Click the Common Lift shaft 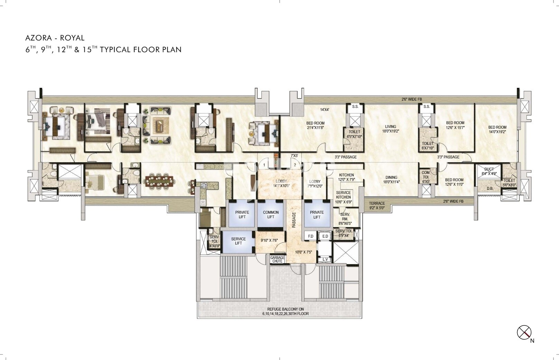click(271, 214)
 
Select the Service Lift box click(238, 241)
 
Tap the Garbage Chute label click(277, 259)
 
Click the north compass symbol click(524, 333)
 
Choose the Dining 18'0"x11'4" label click(391, 179)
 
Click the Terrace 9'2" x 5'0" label click(376, 206)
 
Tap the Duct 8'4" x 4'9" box click(489, 172)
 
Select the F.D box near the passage click(310, 236)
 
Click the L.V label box click(325, 259)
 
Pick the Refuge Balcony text click(285, 312)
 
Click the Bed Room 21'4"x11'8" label click(315, 125)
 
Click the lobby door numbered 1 click(264, 165)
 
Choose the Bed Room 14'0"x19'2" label click(497, 129)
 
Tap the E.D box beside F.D click(325, 236)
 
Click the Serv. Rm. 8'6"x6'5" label click(345, 219)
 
